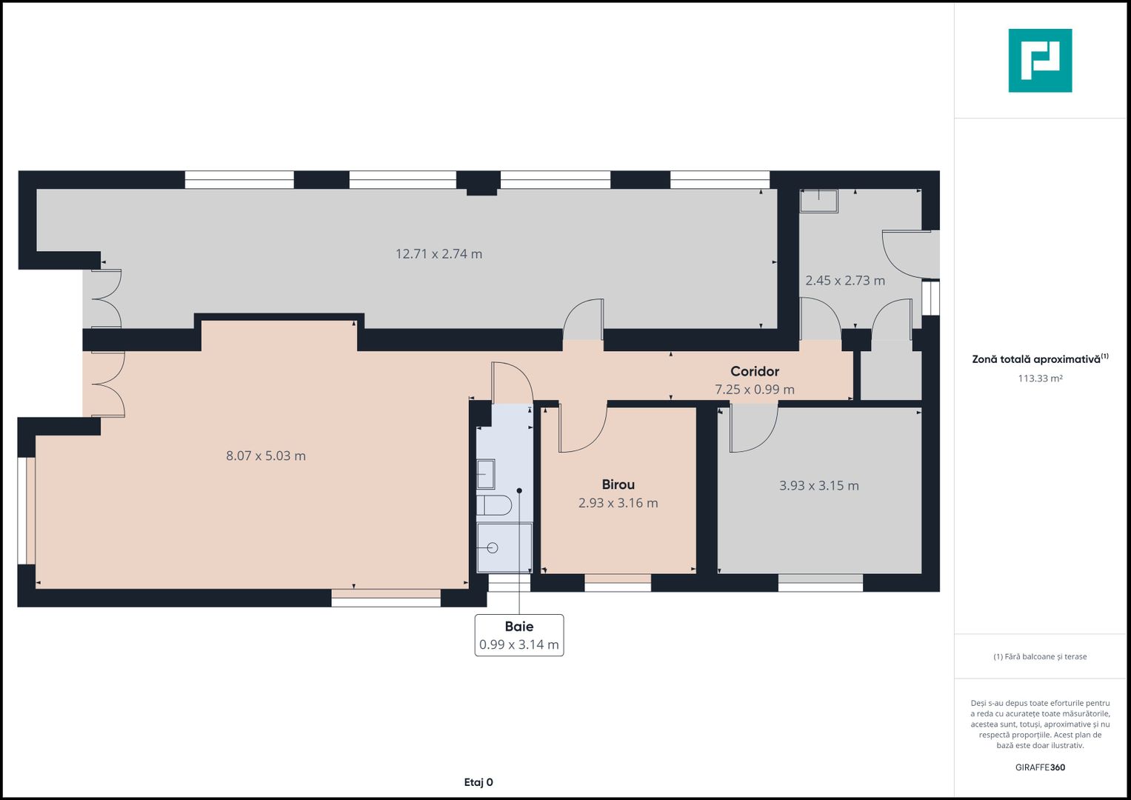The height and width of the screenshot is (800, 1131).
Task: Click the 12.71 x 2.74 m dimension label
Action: pyautogui.click(x=438, y=253)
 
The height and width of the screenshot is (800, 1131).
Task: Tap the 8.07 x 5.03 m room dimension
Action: pyautogui.click(x=266, y=456)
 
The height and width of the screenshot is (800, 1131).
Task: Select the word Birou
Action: pyautogui.click(x=618, y=484)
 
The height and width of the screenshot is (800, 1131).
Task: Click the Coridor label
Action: pyautogui.click(x=754, y=371)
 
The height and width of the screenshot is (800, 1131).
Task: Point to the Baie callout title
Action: pyautogui.click(x=519, y=626)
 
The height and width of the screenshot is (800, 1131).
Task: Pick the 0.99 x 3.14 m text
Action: pyautogui.click(x=519, y=644)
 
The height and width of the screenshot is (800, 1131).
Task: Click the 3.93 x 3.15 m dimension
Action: pyautogui.click(x=818, y=485)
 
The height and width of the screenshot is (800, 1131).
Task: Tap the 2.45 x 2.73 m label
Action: pyautogui.click(x=844, y=280)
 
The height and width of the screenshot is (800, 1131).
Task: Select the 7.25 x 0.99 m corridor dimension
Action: pyautogui.click(x=754, y=390)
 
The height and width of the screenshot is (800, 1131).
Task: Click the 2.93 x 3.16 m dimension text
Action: pyautogui.click(x=618, y=502)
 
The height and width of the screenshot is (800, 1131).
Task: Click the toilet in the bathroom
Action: pyautogui.click(x=494, y=504)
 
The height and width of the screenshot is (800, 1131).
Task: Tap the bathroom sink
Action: pyautogui.click(x=486, y=474)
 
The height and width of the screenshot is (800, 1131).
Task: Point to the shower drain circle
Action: pyautogui.click(x=493, y=547)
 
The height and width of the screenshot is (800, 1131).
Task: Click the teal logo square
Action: pyautogui.click(x=1040, y=61)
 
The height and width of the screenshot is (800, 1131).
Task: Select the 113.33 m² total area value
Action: pyautogui.click(x=1040, y=379)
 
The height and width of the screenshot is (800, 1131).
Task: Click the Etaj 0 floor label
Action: pyautogui.click(x=478, y=782)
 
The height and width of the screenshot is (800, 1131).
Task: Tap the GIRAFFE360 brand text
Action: pyautogui.click(x=1040, y=767)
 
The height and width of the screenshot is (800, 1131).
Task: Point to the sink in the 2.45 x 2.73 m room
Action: pyautogui.click(x=818, y=201)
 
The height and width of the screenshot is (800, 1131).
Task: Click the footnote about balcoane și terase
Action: pyautogui.click(x=1040, y=656)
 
